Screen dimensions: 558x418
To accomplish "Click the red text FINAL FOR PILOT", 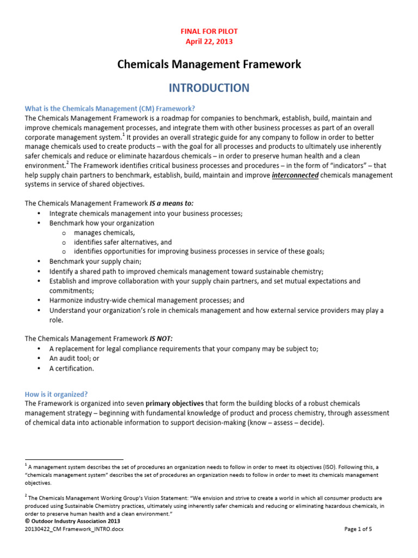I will pyautogui.click(x=209, y=32).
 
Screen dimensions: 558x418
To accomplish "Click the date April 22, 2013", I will pyautogui.click(x=209, y=41).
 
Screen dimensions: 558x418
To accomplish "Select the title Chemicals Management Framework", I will pyautogui.click(x=209, y=65).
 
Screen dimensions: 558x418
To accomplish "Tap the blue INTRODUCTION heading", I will pyautogui.click(x=209, y=88).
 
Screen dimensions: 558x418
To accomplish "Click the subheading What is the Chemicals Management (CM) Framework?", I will pyautogui.click(x=109, y=108).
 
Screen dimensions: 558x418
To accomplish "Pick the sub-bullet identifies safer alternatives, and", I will pyautogui.click(x=123, y=242).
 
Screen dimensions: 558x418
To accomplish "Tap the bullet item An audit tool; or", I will pyautogui.click(x=79, y=359).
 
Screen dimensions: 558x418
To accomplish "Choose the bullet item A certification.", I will pyautogui.click(x=71, y=368).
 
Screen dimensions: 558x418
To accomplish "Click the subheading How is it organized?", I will pyautogui.click(x=56, y=394).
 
